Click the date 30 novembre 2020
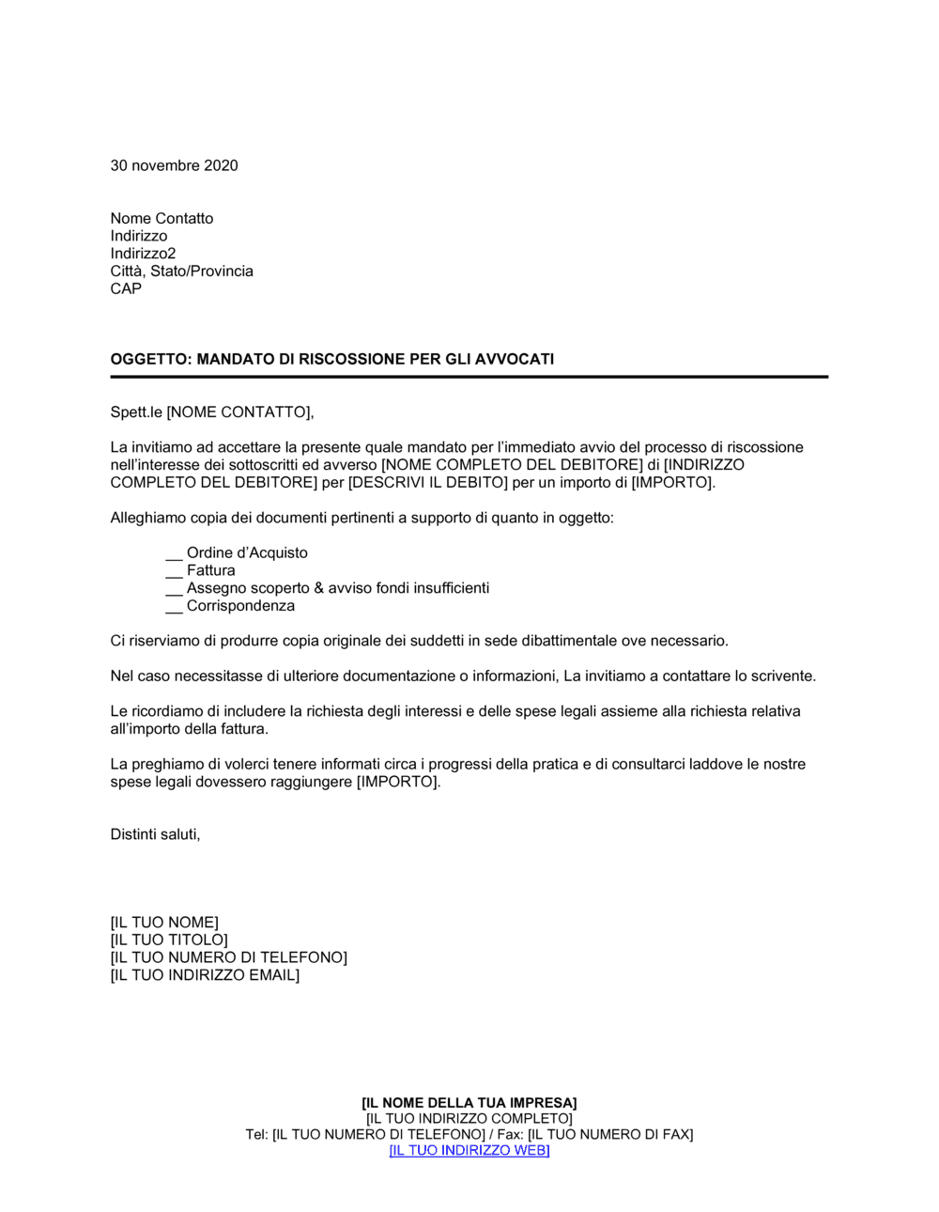pyautogui.click(x=174, y=165)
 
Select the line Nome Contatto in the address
pyautogui.click(x=162, y=218)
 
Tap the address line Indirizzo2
pyautogui.click(x=143, y=254)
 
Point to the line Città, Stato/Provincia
pyautogui.click(x=181, y=272)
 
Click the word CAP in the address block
pyautogui.click(x=126, y=288)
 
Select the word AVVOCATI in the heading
pyautogui.click(x=516, y=359)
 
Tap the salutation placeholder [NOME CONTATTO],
pyautogui.click(x=240, y=412)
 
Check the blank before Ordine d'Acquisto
pyautogui.click(x=174, y=554)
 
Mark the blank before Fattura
pyautogui.click(x=174, y=572)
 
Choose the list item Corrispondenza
pyautogui.click(x=240, y=606)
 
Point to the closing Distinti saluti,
pyautogui.click(x=155, y=834)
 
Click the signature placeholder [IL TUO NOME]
pyautogui.click(x=164, y=923)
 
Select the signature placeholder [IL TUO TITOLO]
pyautogui.click(x=169, y=940)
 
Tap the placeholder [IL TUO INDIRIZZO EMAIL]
pyautogui.click(x=205, y=975)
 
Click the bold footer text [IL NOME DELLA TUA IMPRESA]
pyautogui.click(x=469, y=1103)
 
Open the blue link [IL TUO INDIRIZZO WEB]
pyautogui.click(x=469, y=1151)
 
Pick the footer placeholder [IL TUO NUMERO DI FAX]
pyautogui.click(x=610, y=1135)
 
